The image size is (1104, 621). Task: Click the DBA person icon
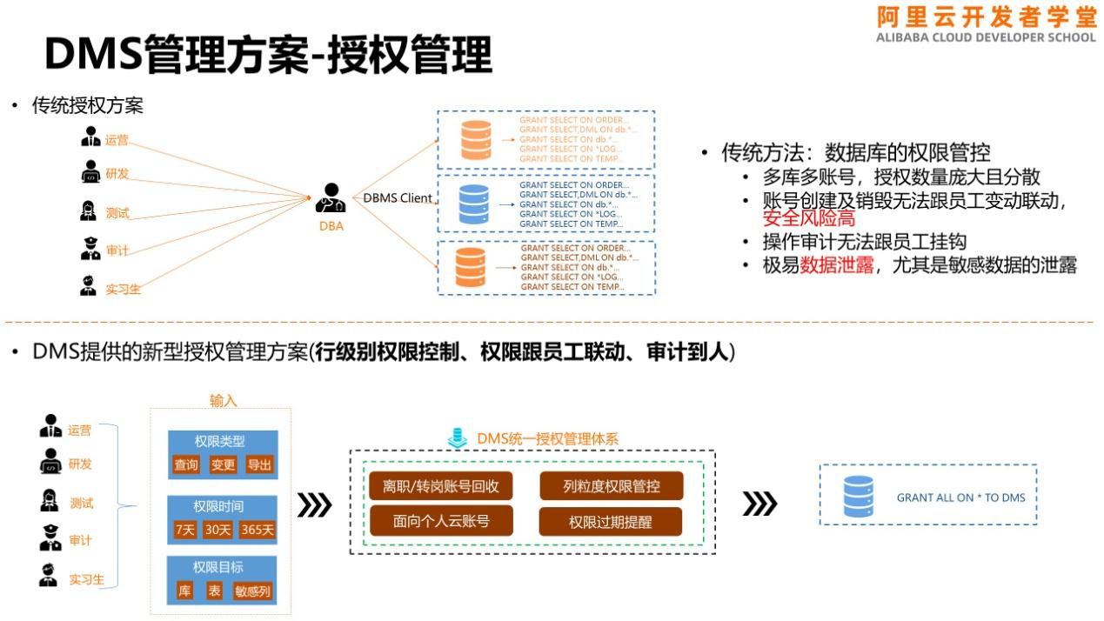[x=331, y=198]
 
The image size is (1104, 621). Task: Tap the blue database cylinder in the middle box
[x=474, y=204]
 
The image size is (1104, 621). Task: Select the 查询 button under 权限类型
[x=186, y=464]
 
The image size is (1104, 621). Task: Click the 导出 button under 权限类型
[x=259, y=464]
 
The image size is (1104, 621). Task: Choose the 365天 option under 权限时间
[x=258, y=529]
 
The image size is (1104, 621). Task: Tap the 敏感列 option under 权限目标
[x=252, y=591]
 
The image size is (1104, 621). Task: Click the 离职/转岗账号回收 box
[x=441, y=486]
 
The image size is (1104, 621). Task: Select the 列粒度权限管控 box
[x=611, y=486]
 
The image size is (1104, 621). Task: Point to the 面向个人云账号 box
[x=441, y=521]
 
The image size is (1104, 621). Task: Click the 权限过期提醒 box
[x=611, y=522]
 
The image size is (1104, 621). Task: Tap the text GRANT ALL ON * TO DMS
[x=960, y=497]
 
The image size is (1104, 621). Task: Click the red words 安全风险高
[x=808, y=219]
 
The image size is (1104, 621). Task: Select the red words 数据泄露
[x=837, y=266]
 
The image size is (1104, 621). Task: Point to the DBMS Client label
[x=397, y=198]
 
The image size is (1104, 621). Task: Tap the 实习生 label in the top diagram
[x=123, y=289]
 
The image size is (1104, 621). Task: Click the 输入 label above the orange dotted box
[x=223, y=400]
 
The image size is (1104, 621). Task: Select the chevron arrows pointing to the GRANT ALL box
[x=759, y=504]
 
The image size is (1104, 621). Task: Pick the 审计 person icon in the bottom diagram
[x=50, y=539]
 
